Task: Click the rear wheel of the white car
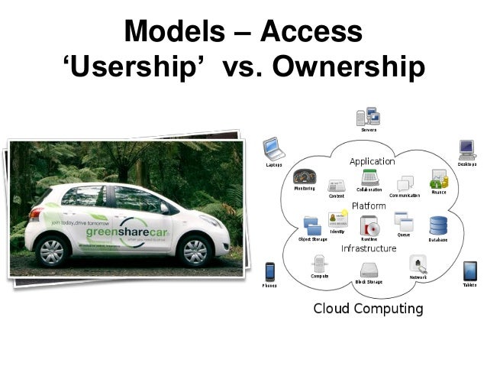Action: [54, 251]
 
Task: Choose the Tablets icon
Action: [469, 270]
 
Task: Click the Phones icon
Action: [269, 272]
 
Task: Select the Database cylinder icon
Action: [438, 226]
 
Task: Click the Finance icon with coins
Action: [438, 179]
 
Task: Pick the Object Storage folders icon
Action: [312, 225]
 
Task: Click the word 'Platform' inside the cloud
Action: [369, 206]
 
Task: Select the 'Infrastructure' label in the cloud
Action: [369, 248]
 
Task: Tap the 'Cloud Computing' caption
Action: [369, 309]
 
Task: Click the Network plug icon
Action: [418, 264]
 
